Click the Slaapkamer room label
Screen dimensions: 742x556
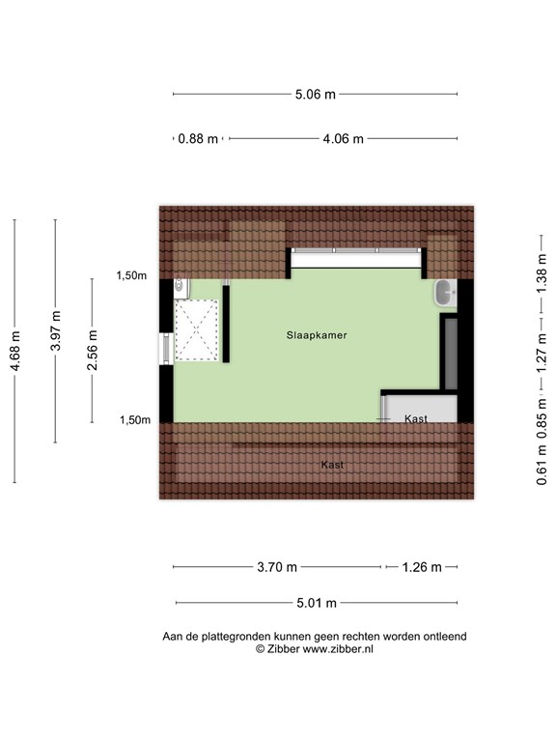(x=316, y=335)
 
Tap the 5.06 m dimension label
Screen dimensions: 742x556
(x=316, y=95)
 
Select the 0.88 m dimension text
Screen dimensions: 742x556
(x=199, y=138)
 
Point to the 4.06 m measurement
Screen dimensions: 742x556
(x=343, y=138)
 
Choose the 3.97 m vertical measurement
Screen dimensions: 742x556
(x=55, y=329)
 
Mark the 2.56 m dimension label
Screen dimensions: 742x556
(x=93, y=350)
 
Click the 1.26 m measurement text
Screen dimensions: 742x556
(x=421, y=567)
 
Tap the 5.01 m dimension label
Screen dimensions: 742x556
(x=316, y=603)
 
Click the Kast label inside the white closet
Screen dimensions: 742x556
(x=416, y=419)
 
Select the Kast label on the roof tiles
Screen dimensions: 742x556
(x=332, y=465)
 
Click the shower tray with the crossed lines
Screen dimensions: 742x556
(x=198, y=328)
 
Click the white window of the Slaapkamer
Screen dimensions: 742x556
(x=357, y=258)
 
